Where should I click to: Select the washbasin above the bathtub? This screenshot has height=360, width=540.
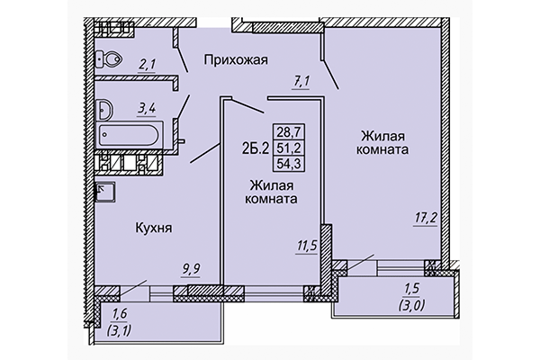pyautogui.click(x=105, y=111)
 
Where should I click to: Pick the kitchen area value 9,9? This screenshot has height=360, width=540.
pyautogui.click(x=191, y=267)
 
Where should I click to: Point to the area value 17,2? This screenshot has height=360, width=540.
pyautogui.click(x=427, y=218)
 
